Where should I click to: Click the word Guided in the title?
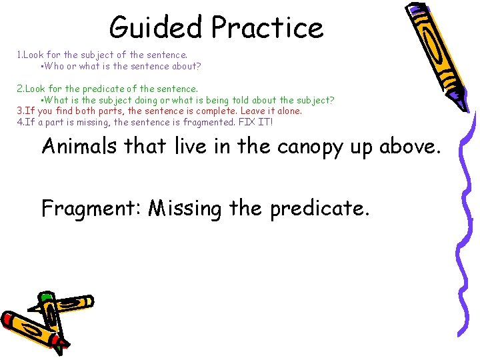pos(157,28)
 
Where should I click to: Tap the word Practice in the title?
pos(267,28)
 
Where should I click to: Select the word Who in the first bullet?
pos(53,67)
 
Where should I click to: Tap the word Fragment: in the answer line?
pos(91,209)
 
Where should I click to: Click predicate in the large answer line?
pos(319,209)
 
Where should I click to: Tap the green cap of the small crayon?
pos(45,296)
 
